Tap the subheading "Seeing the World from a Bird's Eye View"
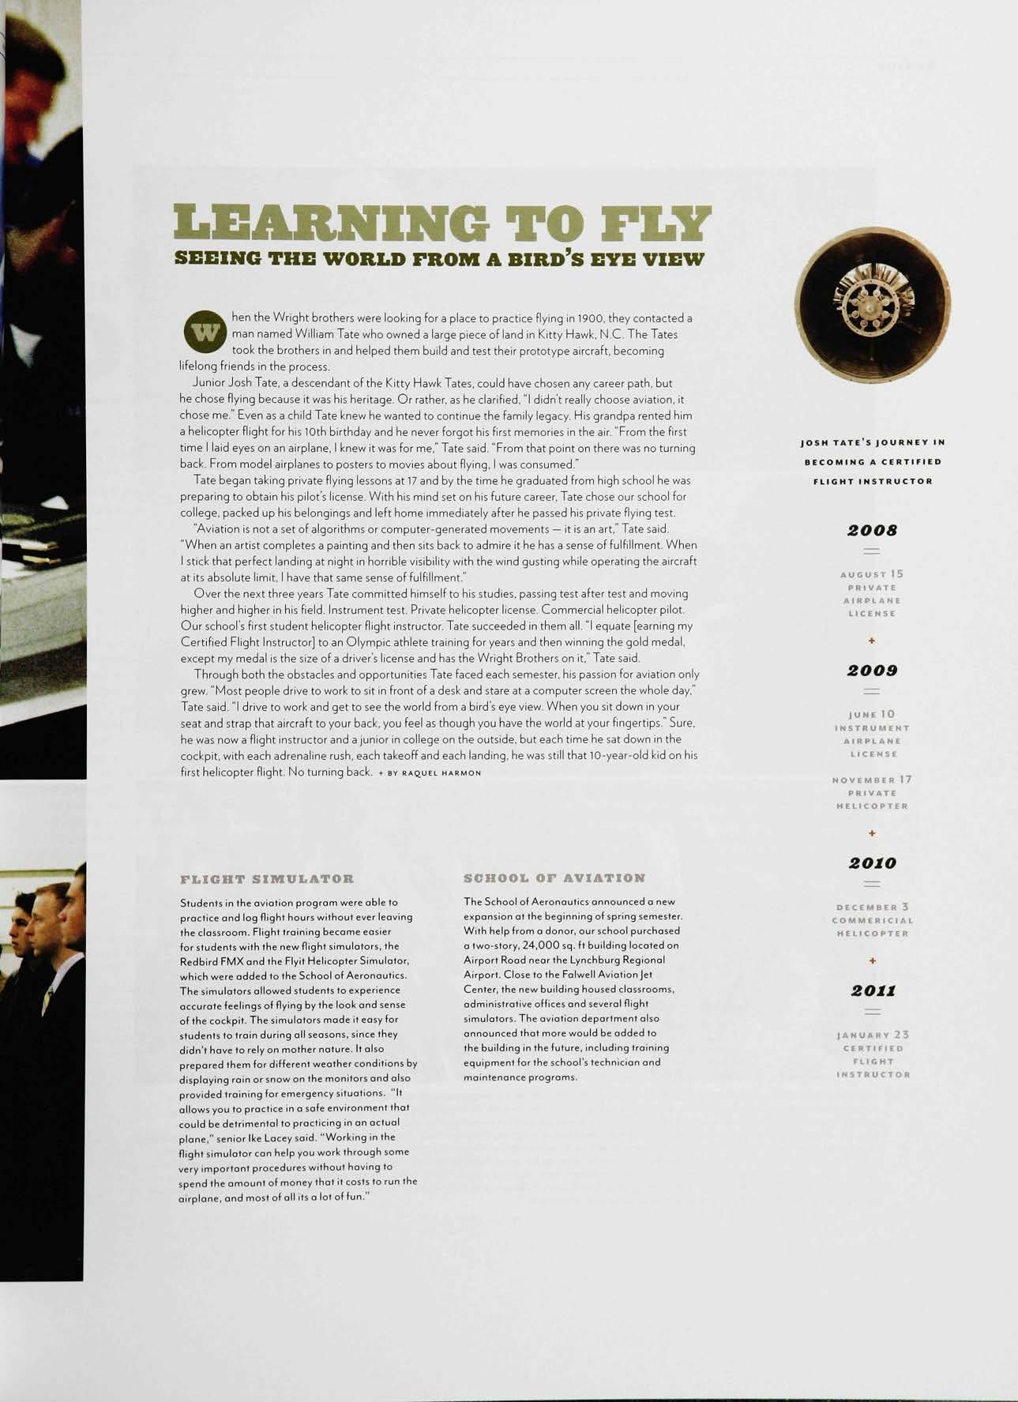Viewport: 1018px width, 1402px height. click(438, 259)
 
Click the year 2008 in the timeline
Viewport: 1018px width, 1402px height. click(872, 530)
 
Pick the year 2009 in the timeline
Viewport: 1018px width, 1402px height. click(872, 671)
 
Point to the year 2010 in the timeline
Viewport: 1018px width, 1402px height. click(872, 863)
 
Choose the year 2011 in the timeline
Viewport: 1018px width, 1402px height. click(872, 990)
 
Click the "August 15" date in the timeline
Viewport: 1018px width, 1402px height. click(872, 574)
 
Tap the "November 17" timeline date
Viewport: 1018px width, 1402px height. click(872, 780)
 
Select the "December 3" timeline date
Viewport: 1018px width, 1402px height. click(872, 908)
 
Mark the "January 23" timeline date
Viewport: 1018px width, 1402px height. click(872, 1035)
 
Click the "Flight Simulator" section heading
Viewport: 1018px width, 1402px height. click(267, 878)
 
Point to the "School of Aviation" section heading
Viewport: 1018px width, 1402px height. click(554, 878)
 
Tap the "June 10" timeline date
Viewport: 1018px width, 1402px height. click(872, 714)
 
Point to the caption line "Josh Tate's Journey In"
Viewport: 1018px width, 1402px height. click(872, 442)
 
